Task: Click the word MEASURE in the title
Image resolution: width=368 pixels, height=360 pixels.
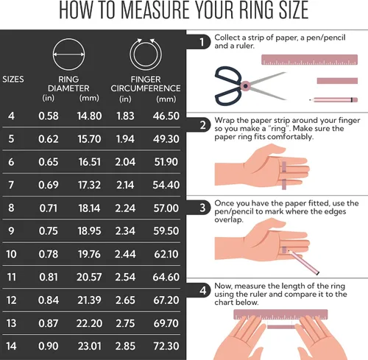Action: click(155, 10)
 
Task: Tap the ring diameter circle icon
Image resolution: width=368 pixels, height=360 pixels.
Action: click(68, 39)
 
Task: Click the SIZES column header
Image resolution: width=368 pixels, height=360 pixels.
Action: click(13, 80)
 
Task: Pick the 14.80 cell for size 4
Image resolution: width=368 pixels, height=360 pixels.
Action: click(89, 116)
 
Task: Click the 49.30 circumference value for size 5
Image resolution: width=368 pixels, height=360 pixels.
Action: click(166, 139)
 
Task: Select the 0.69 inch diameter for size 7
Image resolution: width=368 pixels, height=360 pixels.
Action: click(49, 185)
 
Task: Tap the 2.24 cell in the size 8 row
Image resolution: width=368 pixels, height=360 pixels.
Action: click(125, 208)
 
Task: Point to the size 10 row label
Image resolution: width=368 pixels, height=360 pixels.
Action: click(11, 254)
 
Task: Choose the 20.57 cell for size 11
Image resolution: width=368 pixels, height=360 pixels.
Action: click(89, 278)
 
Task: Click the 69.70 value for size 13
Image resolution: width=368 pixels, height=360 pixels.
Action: click(166, 323)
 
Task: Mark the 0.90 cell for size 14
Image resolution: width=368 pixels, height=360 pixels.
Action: click(49, 346)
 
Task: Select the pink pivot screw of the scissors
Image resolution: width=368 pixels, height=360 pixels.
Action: click(245, 86)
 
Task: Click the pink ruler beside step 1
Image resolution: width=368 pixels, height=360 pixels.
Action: click(309, 60)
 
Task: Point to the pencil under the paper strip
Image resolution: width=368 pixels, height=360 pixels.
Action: click(333, 100)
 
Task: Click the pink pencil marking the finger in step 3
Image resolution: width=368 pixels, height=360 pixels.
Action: click(304, 262)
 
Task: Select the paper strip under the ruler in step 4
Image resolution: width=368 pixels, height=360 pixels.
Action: click(281, 327)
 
